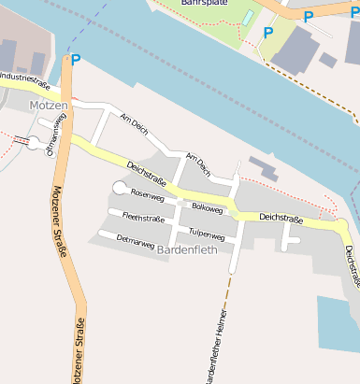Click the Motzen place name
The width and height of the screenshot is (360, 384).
(49, 107)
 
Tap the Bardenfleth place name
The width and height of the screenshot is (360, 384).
(188, 249)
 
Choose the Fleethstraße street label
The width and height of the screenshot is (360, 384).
(143, 219)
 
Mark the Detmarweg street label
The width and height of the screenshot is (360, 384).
(135, 241)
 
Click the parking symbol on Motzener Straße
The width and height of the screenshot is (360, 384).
(76, 60)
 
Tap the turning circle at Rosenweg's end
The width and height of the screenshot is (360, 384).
(120, 188)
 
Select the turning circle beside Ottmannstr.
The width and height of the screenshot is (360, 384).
(35, 143)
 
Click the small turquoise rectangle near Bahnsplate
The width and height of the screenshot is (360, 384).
(248, 17)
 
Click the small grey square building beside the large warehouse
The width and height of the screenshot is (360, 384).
(327, 60)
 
